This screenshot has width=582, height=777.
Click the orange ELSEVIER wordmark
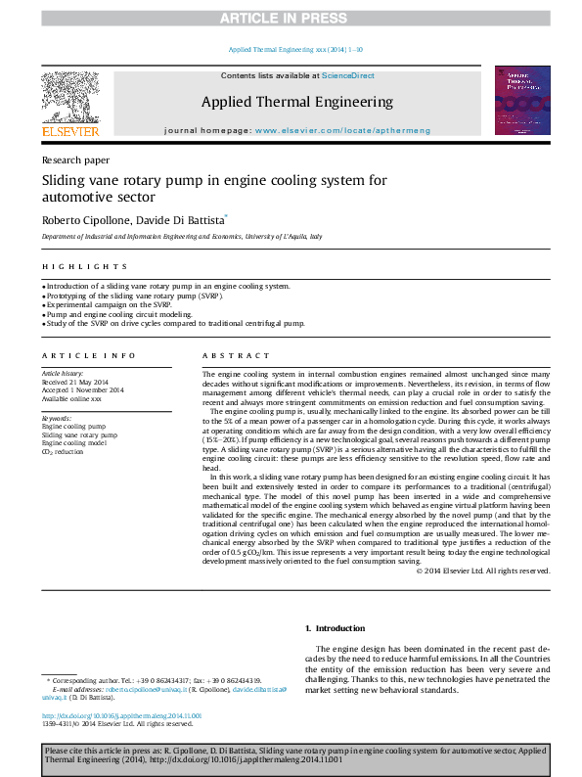[x=69, y=131]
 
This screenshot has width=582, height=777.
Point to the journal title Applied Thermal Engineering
[x=296, y=102]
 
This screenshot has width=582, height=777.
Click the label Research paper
[x=74, y=160]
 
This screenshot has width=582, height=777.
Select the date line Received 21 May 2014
[x=76, y=382]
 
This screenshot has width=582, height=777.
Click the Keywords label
[x=57, y=418]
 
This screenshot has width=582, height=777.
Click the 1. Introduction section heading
[x=336, y=628]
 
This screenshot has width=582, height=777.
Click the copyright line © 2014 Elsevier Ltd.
[x=483, y=571]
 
